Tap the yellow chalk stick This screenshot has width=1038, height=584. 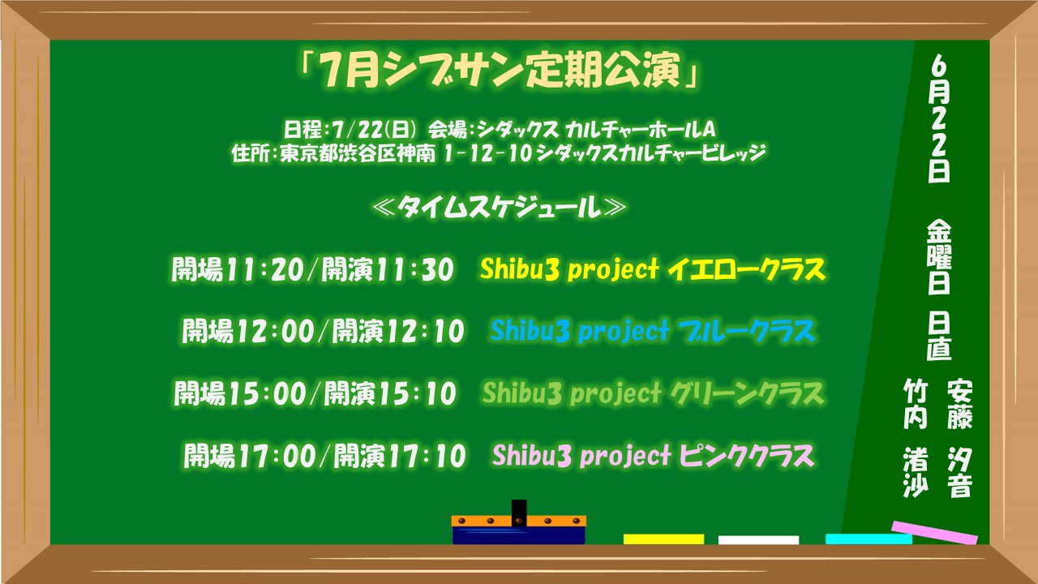click(663, 539)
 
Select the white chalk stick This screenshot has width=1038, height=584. click(758, 539)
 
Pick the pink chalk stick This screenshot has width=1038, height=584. click(934, 532)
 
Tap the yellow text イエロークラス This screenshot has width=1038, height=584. click(745, 269)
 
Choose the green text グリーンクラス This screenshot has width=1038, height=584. click(746, 394)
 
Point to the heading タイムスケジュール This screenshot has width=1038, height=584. click(499, 208)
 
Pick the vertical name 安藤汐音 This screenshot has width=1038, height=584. click(959, 438)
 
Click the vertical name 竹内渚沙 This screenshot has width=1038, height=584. click(916, 438)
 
